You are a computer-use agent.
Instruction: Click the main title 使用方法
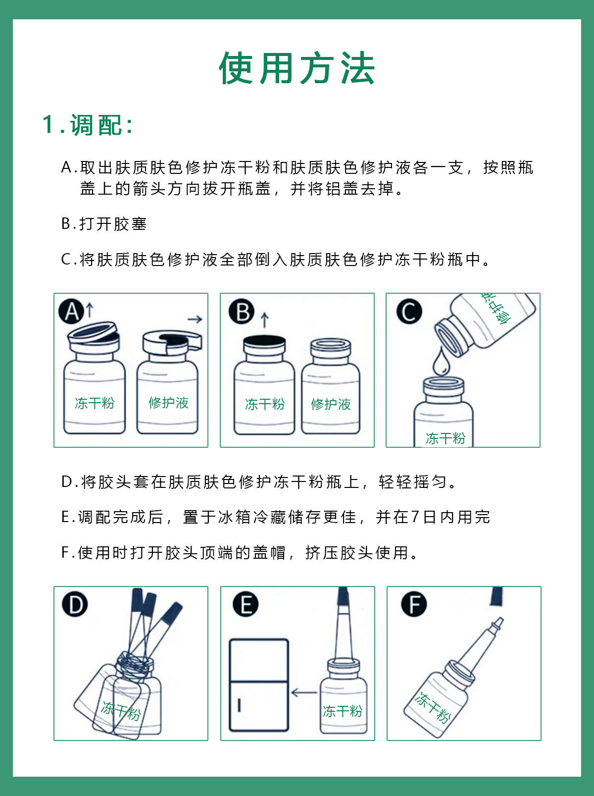pos(297,68)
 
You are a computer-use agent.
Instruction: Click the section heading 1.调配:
pos(87,125)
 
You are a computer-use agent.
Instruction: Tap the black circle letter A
pos(71,311)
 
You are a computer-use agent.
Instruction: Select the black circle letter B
pos(242,311)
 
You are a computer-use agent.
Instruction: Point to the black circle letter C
pos(409,311)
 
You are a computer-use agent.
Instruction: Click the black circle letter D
pos(75,604)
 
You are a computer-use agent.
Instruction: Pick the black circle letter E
pos(246,604)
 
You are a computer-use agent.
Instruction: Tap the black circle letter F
pos(414,604)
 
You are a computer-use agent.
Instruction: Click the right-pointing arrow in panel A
pos(195,319)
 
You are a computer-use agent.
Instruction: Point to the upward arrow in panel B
pos(264,320)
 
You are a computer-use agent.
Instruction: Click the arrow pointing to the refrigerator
pos(304,692)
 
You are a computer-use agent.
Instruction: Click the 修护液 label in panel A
pos(168,403)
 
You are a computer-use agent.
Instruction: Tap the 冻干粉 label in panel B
pos(265,404)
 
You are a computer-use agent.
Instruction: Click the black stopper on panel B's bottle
pos(264,340)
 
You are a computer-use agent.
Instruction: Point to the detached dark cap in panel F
pos(496,596)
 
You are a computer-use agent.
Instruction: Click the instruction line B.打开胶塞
pos(104,224)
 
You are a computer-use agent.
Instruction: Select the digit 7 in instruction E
pos(415,517)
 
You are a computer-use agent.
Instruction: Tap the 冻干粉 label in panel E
pos(343,711)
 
